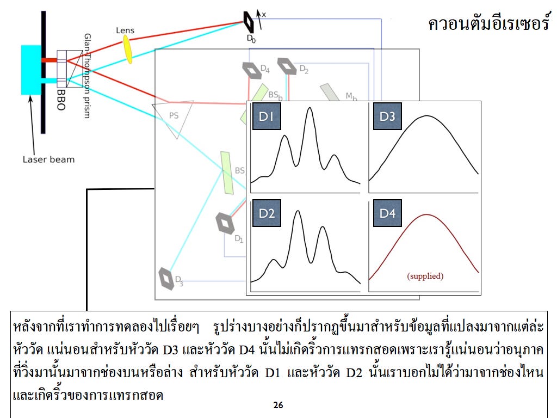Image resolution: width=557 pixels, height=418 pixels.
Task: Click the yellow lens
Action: point(127,49)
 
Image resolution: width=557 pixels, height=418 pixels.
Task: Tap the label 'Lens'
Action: point(125,30)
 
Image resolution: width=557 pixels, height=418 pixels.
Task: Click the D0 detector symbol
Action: point(249,22)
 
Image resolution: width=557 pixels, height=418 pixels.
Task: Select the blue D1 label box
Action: point(267,116)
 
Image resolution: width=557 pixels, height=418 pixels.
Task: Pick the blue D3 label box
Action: point(387,116)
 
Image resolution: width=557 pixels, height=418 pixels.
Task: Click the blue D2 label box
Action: point(267,213)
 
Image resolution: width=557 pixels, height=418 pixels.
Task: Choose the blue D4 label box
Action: point(387,213)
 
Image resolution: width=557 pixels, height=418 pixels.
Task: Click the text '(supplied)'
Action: point(425,276)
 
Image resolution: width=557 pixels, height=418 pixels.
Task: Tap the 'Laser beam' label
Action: point(48,159)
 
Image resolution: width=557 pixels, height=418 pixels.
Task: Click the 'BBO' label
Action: point(61,100)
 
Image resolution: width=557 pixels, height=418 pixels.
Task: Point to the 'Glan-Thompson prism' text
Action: point(87,76)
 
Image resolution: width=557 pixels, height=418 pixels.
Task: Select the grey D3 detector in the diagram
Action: point(166,278)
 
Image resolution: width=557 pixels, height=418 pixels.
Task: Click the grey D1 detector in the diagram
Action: point(225,223)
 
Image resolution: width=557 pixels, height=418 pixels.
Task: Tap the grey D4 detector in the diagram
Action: point(252,70)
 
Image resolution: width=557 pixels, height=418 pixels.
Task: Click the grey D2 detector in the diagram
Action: point(287,66)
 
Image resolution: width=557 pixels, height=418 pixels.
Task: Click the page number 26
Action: point(278,405)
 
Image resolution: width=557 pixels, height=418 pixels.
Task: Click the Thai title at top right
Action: point(489,23)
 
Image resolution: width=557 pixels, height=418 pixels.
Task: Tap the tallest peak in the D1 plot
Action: point(310,108)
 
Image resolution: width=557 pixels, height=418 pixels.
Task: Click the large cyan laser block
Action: point(31,70)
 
